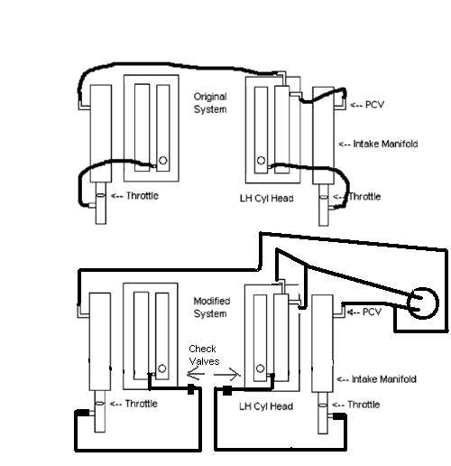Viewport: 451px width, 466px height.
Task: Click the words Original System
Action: click(x=209, y=102)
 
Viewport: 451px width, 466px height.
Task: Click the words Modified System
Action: click(x=211, y=307)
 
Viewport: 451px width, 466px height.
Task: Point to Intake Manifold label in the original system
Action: click(x=379, y=144)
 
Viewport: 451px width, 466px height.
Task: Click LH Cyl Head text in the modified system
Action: click(x=269, y=406)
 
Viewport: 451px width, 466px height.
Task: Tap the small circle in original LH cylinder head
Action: click(x=261, y=163)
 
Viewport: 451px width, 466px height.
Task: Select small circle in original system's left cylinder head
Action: click(x=162, y=163)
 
